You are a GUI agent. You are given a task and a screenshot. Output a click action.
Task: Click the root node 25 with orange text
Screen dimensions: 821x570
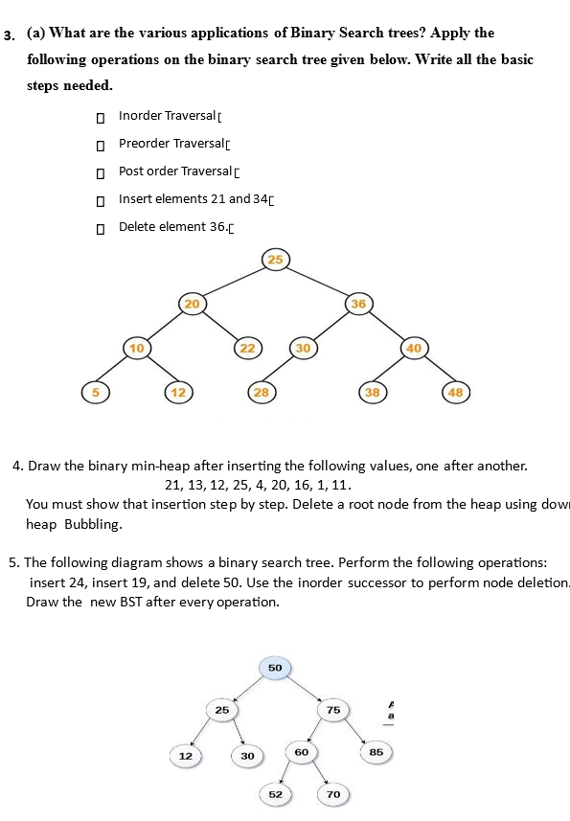(x=275, y=259)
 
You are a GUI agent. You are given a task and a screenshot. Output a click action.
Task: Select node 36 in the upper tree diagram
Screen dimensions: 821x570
(x=357, y=303)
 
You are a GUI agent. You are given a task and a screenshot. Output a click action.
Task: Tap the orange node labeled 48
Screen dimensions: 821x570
(x=454, y=392)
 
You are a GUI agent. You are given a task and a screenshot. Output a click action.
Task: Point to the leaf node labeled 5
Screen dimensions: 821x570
(x=94, y=392)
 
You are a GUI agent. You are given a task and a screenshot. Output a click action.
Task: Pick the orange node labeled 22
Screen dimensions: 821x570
(x=247, y=347)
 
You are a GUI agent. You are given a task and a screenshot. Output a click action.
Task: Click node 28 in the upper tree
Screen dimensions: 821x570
(x=261, y=392)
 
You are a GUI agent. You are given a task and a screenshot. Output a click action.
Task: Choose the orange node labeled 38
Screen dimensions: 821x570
(x=372, y=392)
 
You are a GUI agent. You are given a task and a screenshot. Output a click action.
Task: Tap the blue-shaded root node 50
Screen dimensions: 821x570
(x=275, y=667)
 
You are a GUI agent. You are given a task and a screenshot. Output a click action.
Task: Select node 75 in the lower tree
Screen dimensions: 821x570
(x=333, y=710)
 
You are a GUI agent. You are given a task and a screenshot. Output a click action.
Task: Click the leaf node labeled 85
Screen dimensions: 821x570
(x=376, y=753)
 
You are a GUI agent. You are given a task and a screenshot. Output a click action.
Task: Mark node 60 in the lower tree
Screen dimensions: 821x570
(x=302, y=753)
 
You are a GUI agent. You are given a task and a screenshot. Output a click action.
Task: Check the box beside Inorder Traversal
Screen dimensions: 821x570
(x=99, y=117)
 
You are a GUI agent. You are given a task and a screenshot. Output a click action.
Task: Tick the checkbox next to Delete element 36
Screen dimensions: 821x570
(x=99, y=228)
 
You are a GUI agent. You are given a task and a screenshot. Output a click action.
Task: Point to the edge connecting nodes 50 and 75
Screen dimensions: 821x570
(x=306, y=689)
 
